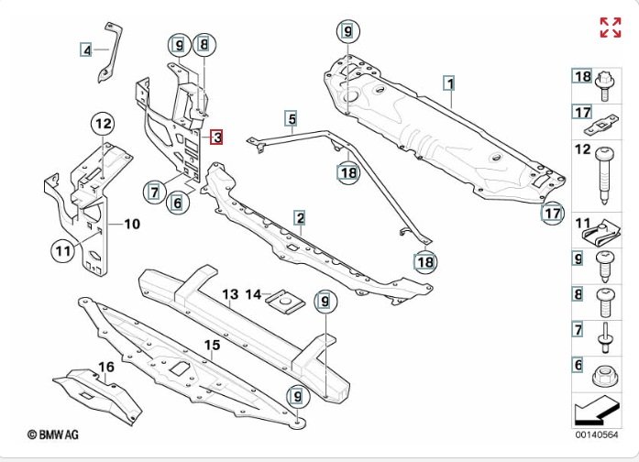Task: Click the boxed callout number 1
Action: pos(449,83)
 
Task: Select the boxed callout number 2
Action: pos(300,217)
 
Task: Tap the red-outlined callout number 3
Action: pos(215,138)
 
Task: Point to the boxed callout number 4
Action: pos(86,50)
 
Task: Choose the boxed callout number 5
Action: pos(291,118)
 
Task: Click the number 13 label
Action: pos(229,294)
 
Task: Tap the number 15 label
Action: pos(212,346)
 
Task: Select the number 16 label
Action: pos(106,368)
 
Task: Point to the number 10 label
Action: pos(132,223)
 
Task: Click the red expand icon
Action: pos(610,27)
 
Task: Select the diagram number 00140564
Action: pos(596,435)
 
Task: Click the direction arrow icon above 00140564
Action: pos(595,410)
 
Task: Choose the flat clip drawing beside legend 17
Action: pos(606,115)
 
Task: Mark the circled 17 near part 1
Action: pos(550,214)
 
